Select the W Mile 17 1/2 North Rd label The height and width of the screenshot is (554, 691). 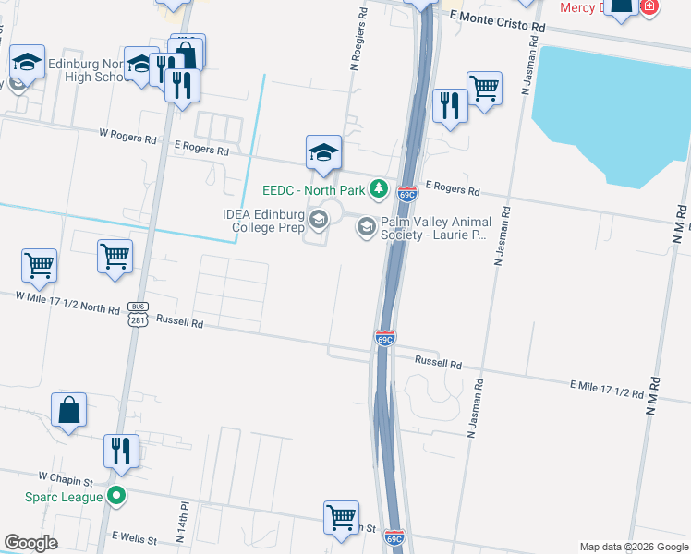coord(67,296)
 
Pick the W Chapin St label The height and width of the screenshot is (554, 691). coord(67,479)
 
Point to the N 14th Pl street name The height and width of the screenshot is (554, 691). coord(180,524)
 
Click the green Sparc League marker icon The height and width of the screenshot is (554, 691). coord(116,497)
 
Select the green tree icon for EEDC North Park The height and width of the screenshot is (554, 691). coord(378,189)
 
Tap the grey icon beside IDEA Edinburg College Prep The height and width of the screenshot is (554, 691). coord(319,219)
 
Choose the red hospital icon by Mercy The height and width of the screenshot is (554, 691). coord(649,6)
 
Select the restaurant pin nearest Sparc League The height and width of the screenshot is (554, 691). coord(122,452)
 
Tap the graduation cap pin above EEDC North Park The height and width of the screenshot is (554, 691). coord(324,153)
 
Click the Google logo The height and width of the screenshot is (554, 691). coord(30,543)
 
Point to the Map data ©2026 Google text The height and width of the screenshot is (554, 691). coord(634,547)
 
